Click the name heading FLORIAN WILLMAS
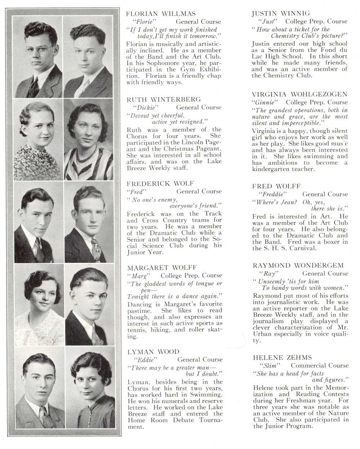tap(161, 14)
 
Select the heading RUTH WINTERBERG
tap(163, 99)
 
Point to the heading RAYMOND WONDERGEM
tap(298, 265)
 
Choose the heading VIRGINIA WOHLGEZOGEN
tap(300, 94)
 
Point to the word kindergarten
tap(271, 169)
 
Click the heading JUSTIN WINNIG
tap(280, 14)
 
